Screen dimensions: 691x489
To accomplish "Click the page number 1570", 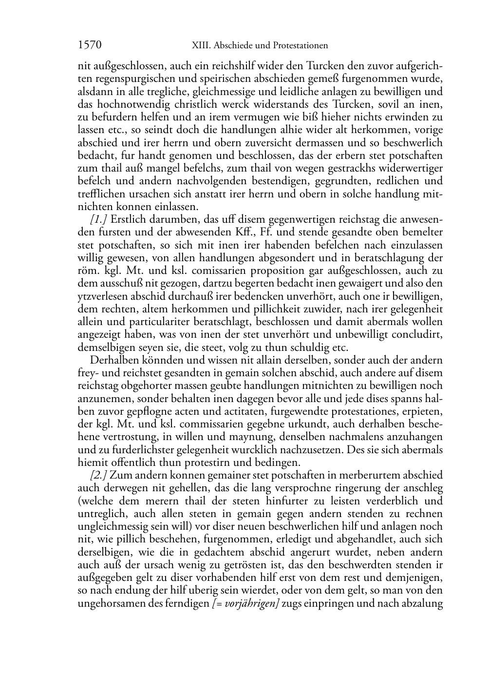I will click(x=90, y=45).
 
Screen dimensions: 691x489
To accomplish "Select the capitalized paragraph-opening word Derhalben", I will click(x=113, y=361).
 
